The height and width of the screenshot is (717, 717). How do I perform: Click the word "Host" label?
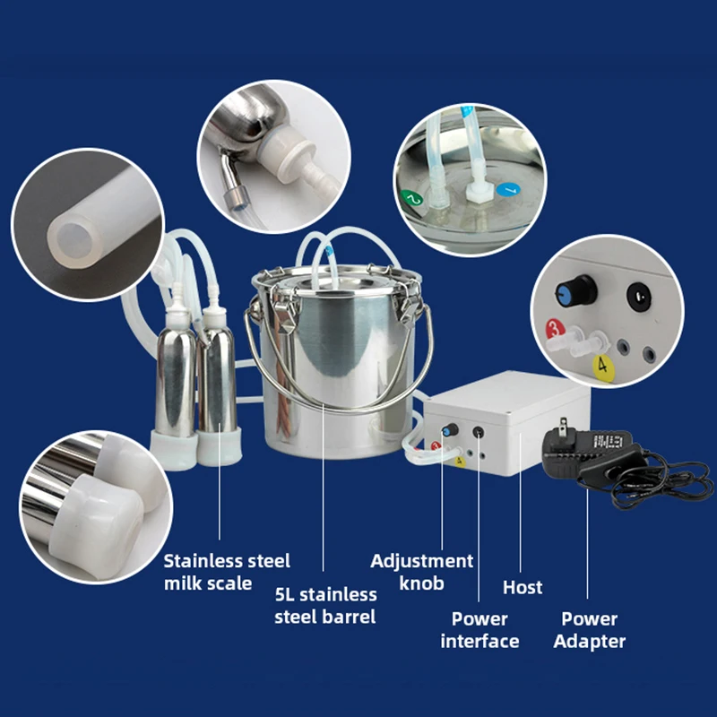pos(523,587)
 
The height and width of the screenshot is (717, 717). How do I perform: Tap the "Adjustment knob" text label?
pos(421,572)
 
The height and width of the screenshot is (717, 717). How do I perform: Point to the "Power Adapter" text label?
pos(589,629)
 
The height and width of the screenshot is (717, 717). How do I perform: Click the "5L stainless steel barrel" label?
pos(325,605)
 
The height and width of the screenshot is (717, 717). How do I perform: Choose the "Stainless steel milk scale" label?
pos(227,572)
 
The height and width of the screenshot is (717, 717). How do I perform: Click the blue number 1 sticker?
pos(507,190)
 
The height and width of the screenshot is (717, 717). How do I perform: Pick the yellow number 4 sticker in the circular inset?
pos(603,365)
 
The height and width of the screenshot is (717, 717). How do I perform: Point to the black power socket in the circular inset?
pos(638,296)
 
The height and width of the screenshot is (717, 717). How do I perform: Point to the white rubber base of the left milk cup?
pos(174,442)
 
